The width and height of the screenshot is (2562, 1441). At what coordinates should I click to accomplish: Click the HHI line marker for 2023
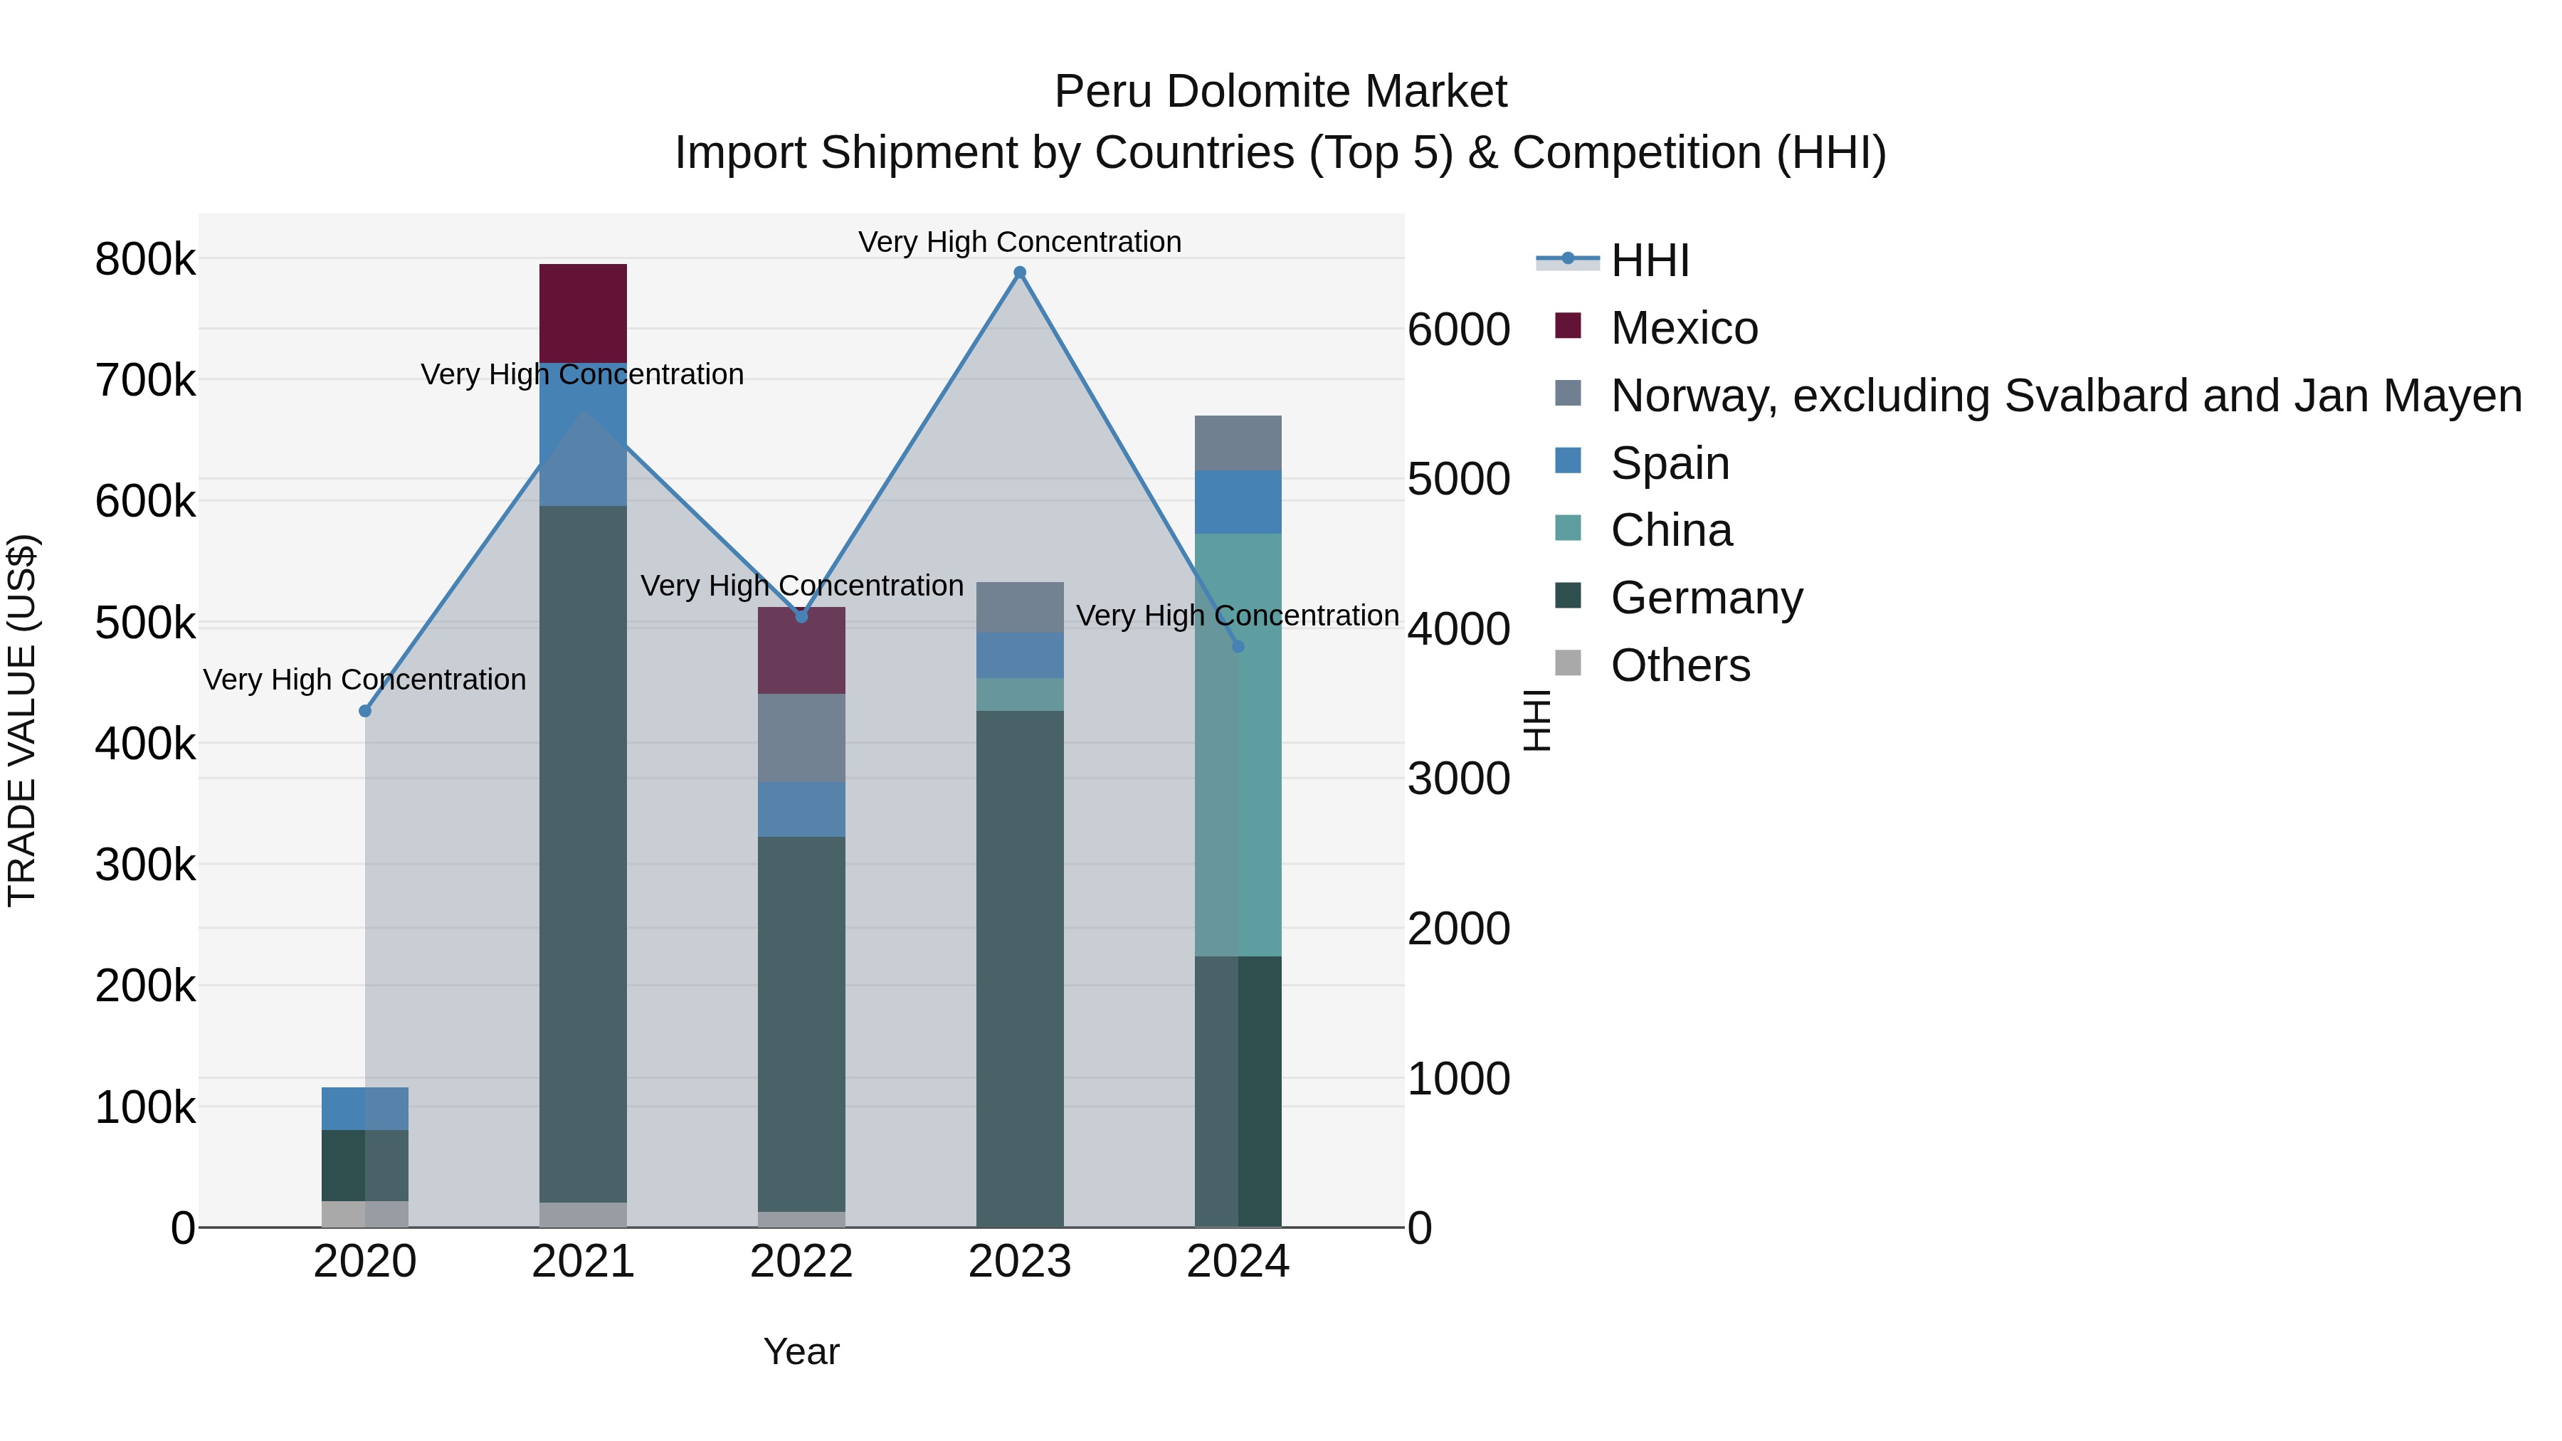click(x=1019, y=273)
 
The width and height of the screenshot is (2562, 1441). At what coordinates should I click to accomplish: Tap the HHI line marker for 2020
click(x=365, y=711)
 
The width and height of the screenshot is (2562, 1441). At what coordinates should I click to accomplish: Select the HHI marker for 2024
click(x=1238, y=646)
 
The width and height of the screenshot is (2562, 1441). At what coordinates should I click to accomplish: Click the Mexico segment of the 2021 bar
click(x=583, y=313)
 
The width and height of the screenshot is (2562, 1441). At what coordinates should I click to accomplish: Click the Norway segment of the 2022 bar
click(x=801, y=738)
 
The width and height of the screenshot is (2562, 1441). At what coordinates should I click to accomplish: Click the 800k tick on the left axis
click(x=145, y=260)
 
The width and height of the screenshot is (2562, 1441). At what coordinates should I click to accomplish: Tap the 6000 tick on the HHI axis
click(x=1458, y=329)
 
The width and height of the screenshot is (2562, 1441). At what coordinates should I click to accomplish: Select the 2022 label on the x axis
click(x=801, y=1262)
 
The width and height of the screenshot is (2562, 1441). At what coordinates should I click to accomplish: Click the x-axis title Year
click(x=801, y=1351)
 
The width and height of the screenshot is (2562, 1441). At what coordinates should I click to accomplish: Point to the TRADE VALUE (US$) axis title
click(x=23, y=720)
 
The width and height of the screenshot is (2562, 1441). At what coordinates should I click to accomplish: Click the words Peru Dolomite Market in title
click(x=1280, y=92)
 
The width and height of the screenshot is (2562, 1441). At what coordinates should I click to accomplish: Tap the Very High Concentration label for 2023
click(x=1019, y=242)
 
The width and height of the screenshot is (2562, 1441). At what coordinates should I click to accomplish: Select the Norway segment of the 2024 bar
click(x=1238, y=443)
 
